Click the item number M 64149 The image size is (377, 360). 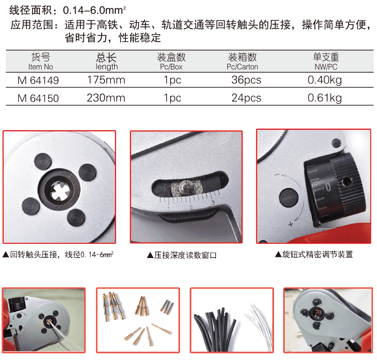(x=38, y=80)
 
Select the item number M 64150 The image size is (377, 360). (x=38, y=98)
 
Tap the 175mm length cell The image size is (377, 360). (x=106, y=80)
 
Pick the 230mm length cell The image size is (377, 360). (x=106, y=98)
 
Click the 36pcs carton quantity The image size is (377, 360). (x=247, y=80)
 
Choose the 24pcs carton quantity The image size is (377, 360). (x=247, y=98)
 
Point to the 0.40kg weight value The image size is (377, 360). (x=325, y=80)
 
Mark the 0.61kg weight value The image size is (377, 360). (x=325, y=98)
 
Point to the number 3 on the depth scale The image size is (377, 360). (x=213, y=202)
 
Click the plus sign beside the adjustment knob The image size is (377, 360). (x=291, y=224)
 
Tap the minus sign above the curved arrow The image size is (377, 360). (x=277, y=176)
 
